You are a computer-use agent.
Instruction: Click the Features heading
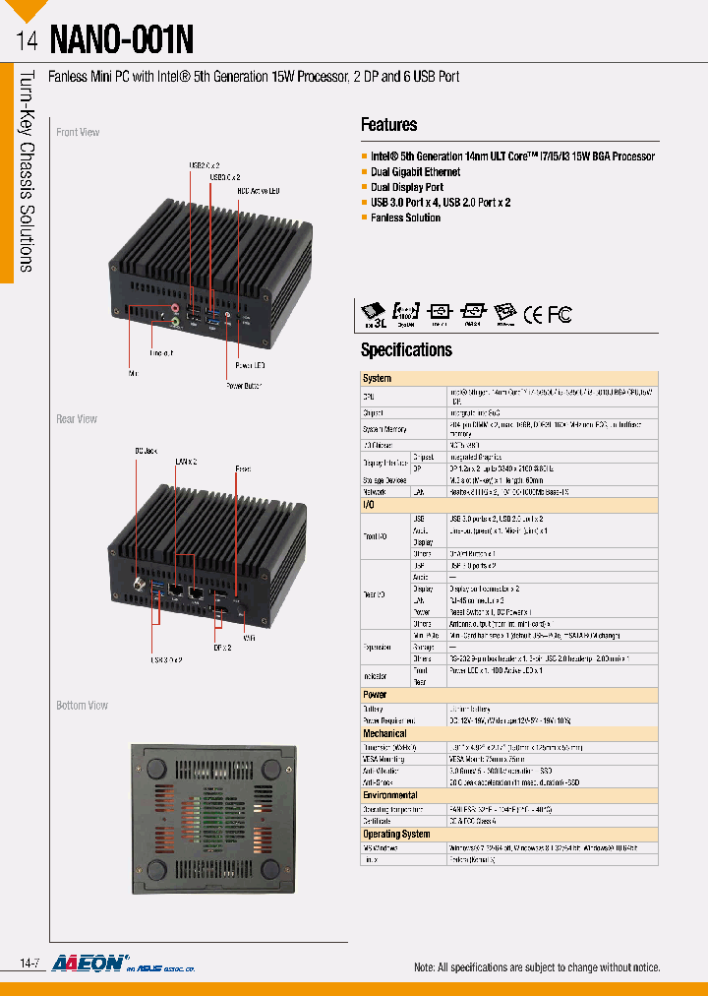pos(388,125)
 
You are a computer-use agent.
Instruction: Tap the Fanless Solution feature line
pos(405,218)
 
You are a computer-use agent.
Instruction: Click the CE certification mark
pos(532,314)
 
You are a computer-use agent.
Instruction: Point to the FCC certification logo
pos(560,314)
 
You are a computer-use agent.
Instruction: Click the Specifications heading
pos(406,349)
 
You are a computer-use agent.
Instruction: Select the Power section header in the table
pos(376,694)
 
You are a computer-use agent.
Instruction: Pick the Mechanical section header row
pos(384,733)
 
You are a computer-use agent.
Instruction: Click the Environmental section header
pos(389,795)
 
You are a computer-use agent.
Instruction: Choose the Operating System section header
pos(396,835)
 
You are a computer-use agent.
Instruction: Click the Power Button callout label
pos(245,386)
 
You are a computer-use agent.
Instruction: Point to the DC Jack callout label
pos(147,451)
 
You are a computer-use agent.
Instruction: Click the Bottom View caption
pos(82,706)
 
